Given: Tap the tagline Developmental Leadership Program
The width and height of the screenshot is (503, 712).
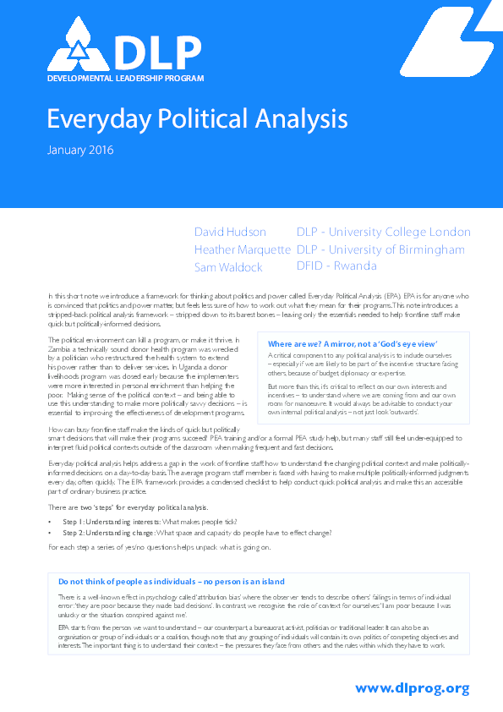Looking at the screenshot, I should [126, 79].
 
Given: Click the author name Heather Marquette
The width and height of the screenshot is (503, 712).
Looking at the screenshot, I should [243, 249].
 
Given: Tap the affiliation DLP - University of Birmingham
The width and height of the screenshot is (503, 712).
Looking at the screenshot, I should [380, 249].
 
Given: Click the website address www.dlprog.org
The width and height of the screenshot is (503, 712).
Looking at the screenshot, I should [412, 688].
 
